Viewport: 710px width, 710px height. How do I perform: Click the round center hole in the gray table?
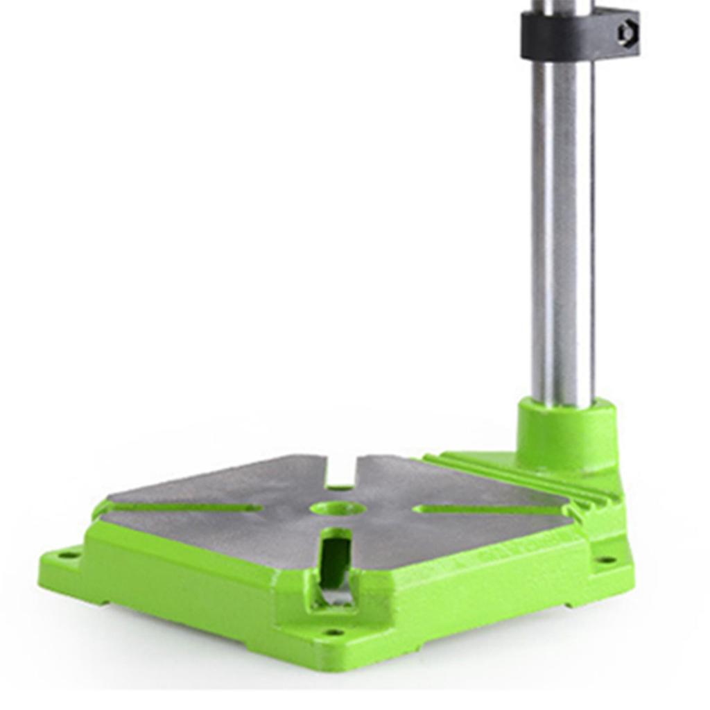tap(338, 508)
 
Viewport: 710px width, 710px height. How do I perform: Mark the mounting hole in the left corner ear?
tap(67, 554)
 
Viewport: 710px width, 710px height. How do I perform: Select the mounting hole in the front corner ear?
tap(334, 632)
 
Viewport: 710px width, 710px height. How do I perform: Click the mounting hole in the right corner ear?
tap(606, 560)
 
